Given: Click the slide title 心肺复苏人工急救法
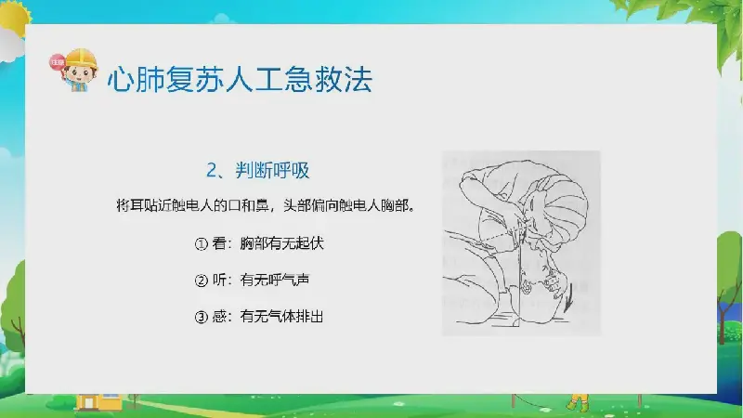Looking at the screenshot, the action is [240, 79].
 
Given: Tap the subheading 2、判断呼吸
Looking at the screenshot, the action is [258, 170].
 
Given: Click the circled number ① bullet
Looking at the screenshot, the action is [202, 244].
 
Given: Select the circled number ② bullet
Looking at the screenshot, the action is [202, 281].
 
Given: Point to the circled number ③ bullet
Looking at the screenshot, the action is [202, 317].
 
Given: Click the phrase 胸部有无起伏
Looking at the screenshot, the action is [281, 243].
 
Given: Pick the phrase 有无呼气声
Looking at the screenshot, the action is [275, 281].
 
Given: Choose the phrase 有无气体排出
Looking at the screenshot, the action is [281, 317].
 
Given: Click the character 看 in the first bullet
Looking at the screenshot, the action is [219, 243].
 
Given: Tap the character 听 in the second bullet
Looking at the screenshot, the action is [219, 281].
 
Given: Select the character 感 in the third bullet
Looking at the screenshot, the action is [219, 317].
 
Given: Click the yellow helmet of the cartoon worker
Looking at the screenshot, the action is [81, 58].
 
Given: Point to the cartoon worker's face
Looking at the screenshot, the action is [79, 74].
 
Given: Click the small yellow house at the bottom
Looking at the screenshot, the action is [98, 402].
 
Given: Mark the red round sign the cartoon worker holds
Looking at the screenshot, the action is [58, 62].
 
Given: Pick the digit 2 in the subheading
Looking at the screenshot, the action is [212, 171].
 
